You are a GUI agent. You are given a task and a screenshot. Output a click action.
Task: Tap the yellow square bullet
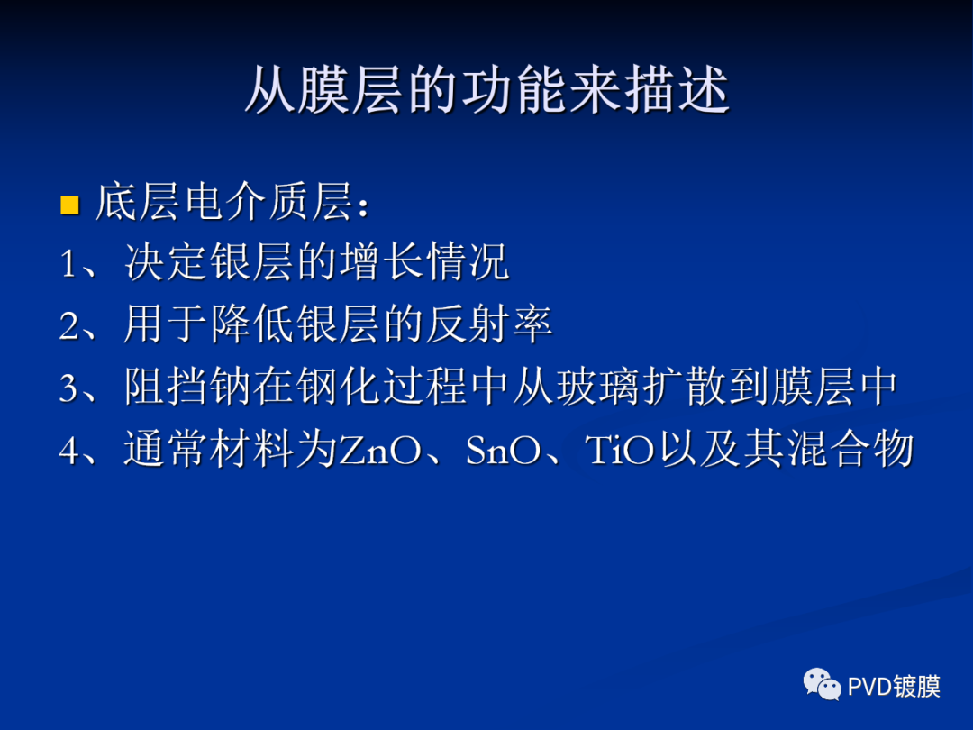tap(69, 206)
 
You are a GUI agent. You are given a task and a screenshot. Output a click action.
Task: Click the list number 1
tap(69, 265)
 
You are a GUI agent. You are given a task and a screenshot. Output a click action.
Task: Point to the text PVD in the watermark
tap(868, 687)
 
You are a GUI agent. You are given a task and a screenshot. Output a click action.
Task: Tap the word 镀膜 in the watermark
tap(918, 687)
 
